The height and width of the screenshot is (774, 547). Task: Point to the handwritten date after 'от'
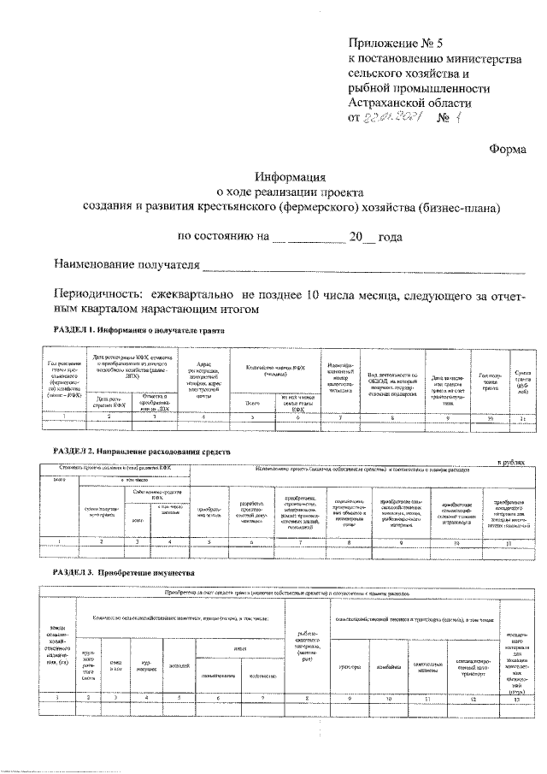point(394,119)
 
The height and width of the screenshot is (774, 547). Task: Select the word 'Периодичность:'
point(96,292)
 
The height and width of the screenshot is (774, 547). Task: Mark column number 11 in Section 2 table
point(509,542)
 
